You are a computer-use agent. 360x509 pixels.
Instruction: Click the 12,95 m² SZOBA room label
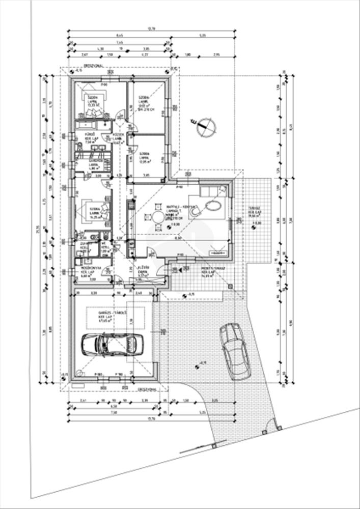[x=145, y=156]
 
